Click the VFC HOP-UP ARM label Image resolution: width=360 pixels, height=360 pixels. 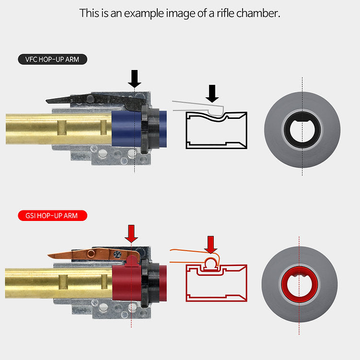[x=53, y=59]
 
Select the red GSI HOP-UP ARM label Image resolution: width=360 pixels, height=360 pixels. [x=53, y=216]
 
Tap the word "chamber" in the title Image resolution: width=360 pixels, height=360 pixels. [x=258, y=13]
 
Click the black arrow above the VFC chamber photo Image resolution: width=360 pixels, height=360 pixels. [x=135, y=79]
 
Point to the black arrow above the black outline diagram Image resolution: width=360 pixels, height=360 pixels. [x=212, y=93]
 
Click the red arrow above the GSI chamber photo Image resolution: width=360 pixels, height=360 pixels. [x=131, y=234]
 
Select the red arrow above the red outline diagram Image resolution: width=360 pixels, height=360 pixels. [x=211, y=245]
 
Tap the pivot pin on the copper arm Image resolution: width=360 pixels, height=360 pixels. [x=91, y=254]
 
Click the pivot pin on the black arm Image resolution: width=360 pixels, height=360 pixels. [x=90, y=99]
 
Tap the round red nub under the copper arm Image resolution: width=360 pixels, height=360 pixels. [x=131, y=260]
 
